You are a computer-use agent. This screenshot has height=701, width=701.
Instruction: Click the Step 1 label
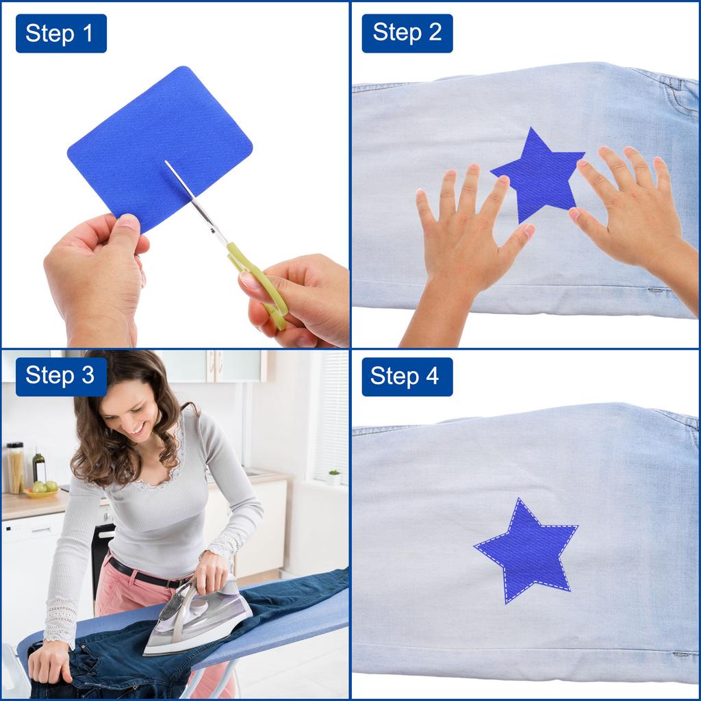click(x=61, y=34)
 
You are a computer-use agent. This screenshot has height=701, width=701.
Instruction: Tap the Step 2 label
click(x=407, y=34)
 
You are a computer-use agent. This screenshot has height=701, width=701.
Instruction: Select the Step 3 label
click(x=61, y=377)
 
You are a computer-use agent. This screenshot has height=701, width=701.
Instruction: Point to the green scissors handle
click(x=260, y=281)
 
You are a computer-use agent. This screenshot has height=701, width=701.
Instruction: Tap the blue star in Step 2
click(x=537, y=175)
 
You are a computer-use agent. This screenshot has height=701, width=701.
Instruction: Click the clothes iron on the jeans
click(x=199, y=616)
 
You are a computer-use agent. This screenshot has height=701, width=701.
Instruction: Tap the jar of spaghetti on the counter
click(x=15, y=468)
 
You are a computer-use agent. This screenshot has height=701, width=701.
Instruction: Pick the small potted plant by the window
click(x=334, y=477)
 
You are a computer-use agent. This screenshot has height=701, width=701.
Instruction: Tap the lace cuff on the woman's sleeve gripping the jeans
click(x=60, y=620)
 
